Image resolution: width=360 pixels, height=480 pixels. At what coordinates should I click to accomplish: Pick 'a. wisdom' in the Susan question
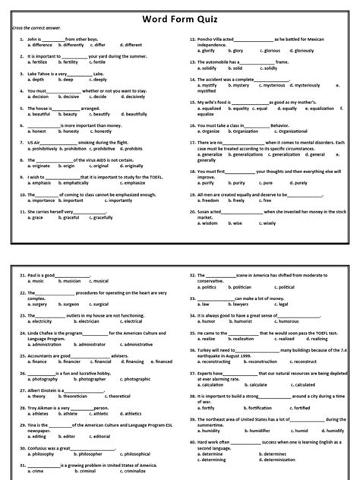tap(209, 224)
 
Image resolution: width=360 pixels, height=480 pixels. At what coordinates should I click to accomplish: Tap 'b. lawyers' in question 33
tap(235, 304)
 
